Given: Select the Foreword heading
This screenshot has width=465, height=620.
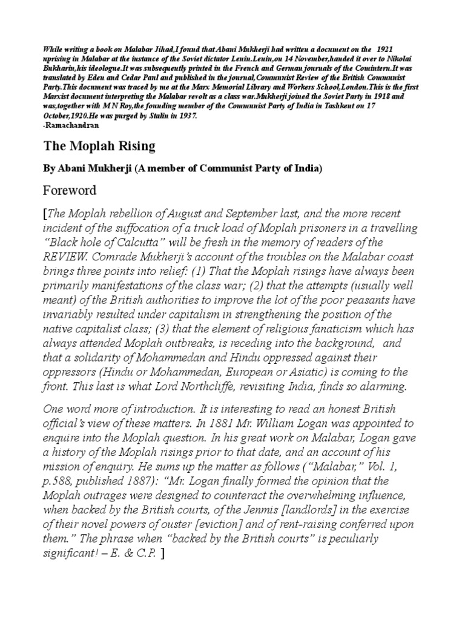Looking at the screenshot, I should click(70, 191).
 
